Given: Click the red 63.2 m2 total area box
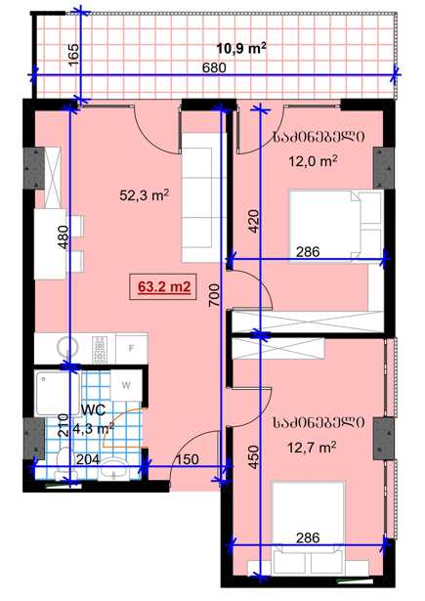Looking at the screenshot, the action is (x=163, y=287).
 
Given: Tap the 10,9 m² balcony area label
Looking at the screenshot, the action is (x=241, y=49).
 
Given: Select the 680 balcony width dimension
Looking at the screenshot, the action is (x=214, y=67).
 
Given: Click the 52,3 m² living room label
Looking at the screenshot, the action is (x=145, y=195).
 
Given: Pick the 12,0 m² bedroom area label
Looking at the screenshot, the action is (x=313, y=161).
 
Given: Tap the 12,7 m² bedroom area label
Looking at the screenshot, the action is (x=312, y=447).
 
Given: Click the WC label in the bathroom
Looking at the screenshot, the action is (x=93, y=410).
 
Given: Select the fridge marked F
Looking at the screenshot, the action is (x=132, y=348).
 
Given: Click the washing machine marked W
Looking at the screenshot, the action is (x=126, y=385).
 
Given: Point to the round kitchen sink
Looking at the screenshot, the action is (x=67, y=349).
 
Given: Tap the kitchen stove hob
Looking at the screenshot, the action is (x=100, y=349).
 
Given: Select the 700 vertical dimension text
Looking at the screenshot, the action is (x=215, y=295).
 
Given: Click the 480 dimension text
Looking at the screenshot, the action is (x=64, y=237).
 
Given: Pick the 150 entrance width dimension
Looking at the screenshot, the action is (x=188, y=459).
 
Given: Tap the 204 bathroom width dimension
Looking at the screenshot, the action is (x=88, y=459).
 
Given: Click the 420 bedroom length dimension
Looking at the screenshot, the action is (x=254, y=221).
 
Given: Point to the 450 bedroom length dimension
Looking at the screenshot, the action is (x=254, y=457).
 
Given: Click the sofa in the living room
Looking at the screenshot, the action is (x=201, y=197).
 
